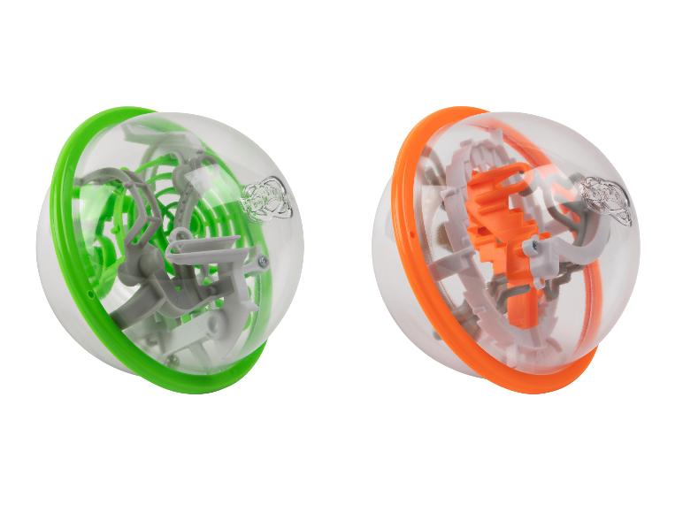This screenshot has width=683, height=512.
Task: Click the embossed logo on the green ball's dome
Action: coord(265,195)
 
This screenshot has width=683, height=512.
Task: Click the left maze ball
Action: coord(168,248)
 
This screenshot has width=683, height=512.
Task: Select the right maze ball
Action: coord(504,248)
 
